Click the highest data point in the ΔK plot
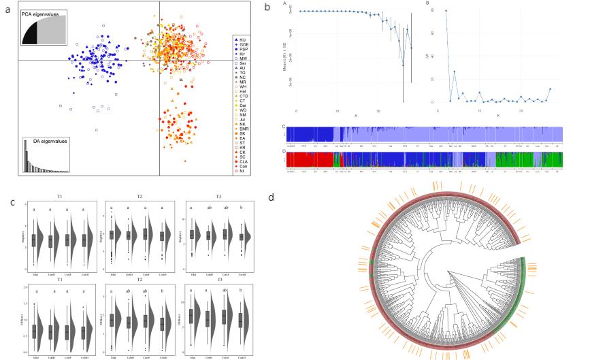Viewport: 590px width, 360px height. pyautogui.click(x=446, y=11)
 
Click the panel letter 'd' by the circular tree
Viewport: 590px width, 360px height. pyautogui.click(x=271, y=198)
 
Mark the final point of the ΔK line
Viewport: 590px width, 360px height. pyautogui.click(x=550, y=89)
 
